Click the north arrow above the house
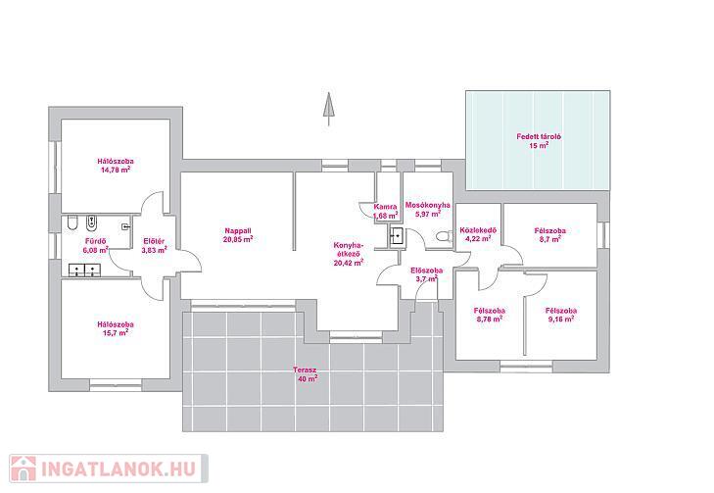click(x=328, y=109)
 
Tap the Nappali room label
click(x=238, y=234)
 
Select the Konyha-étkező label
click(x=349, y=254)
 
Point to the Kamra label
click(x=385, y=211)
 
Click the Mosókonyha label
click(x=428, y=209)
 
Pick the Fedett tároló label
click(x=539, y=141)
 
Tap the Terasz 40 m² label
click(x=305, y=374)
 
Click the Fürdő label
click(x=96, y=246)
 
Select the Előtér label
click(x=154, y=246)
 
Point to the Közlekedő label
click(x=478, y=234)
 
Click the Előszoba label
click(x=426, y=274)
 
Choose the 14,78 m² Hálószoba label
click(x=116, y=166)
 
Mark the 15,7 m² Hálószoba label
click(x=116, y=328)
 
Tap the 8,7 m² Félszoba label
click(x=549, y=234)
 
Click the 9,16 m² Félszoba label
click(x=561, y=315)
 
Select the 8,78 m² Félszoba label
click(x=490, y=315)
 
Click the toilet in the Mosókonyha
click(x=443, y=236)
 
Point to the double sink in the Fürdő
click(x=84, y=271)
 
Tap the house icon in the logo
click(x=24, y=468)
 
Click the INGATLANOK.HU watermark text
click(x=119, y=468)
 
